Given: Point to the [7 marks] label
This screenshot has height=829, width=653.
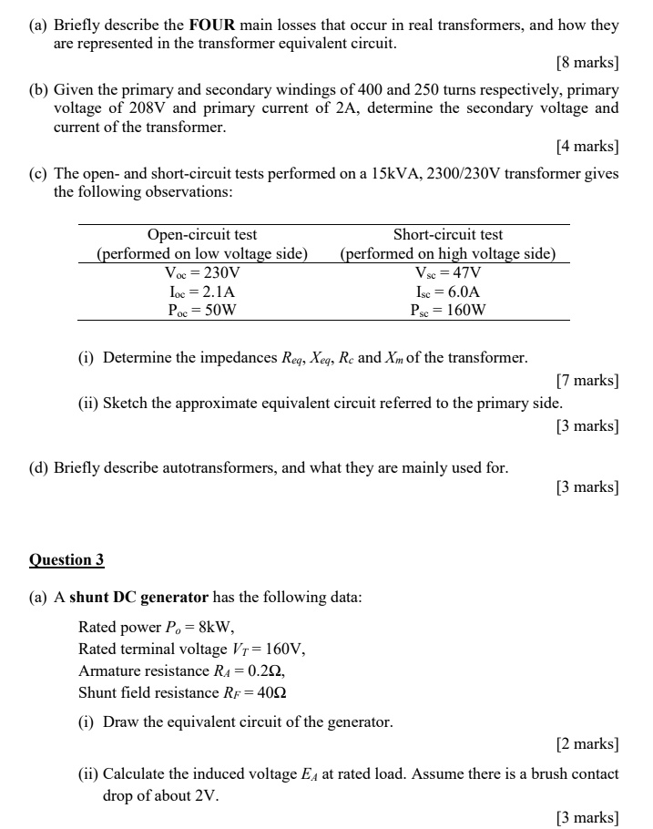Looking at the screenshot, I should click(587, 382).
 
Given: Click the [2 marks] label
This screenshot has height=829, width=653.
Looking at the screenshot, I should click(587, 744).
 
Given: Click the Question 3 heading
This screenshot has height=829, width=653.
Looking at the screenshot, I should click(66, 559).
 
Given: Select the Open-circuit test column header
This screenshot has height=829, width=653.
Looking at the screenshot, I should click(202, 235).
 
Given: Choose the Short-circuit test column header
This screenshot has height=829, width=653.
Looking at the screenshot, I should click(448, 235).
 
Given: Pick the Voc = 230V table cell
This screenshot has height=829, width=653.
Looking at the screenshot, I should click(202, 272).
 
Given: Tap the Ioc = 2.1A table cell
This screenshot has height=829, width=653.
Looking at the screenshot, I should click(202, 292).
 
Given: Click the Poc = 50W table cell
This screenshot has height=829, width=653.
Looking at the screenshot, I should click(202, 310).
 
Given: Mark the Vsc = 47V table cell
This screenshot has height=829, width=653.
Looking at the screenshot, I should click(448, 272).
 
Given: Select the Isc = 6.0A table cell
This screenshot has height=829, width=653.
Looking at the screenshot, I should click(448, 292).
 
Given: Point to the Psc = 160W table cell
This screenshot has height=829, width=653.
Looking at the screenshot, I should click(448, 310).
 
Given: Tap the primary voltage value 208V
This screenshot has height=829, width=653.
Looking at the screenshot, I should click(168, 108).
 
